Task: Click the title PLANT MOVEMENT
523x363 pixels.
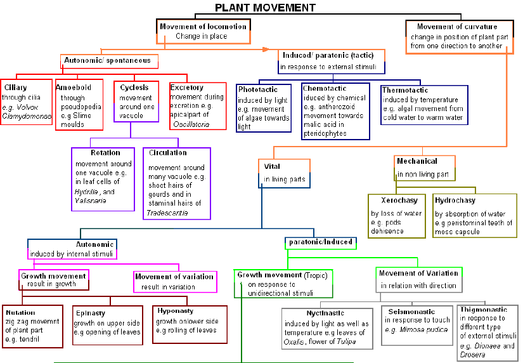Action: [265, 8]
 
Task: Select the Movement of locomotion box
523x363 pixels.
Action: [203, 31]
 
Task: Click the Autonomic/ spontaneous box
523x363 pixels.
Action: [108, 61]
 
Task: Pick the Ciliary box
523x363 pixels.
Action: [27, 102]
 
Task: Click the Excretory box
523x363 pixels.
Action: [197, 105]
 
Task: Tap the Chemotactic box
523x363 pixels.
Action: [335, 111]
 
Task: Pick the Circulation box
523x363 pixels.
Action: [176, 183]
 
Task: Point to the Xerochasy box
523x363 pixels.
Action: [397, 215]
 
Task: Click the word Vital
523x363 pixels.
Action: [272, 166]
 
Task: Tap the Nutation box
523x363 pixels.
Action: [32, 326]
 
